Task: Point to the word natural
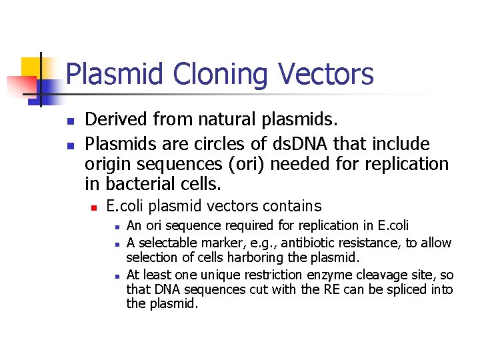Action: (x=225, y=120)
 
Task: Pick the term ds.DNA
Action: (x=300, y=144)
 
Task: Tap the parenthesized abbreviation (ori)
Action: (x=245, y=163)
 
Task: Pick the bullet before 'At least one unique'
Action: (x=116, y=275)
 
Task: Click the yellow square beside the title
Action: (x=32, y=67)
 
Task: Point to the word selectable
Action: (x=166, y=243)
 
